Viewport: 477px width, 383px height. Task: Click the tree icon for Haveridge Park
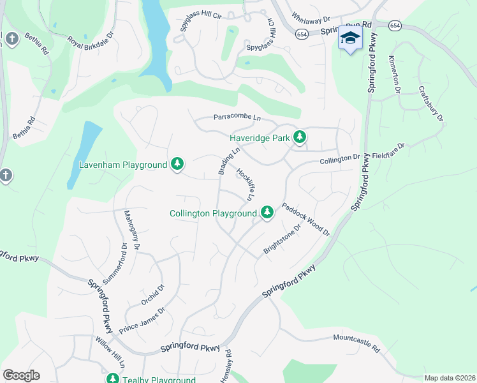[300, 137]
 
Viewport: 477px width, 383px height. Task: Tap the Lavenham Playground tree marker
[178, 165]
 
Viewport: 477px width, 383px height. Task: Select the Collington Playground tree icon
[267, 213]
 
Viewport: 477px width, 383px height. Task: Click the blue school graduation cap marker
[349, 38]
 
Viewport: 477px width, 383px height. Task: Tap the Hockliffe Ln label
[246, 184]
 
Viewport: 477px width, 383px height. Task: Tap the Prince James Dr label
[142, 320]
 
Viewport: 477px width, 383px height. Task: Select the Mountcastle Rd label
[356, 343]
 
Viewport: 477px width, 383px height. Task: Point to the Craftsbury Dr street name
[430, 103]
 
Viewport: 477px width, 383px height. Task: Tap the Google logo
[21, 375]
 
